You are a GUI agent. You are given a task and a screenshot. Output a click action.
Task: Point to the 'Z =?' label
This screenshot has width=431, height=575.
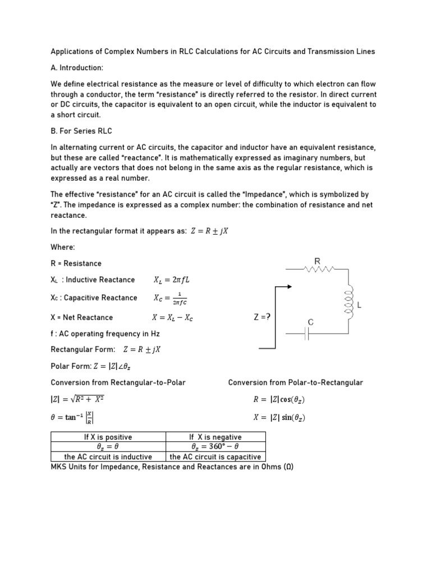point(262,317)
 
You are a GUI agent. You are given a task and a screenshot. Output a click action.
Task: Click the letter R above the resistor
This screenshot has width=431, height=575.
point(317,261)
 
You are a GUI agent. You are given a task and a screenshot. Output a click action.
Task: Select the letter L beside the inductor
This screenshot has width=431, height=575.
point(359,305)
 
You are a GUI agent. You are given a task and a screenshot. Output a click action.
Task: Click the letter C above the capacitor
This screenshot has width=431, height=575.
point(310,322)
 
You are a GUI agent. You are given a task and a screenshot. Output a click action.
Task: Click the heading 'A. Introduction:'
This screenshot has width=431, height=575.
point(77,67)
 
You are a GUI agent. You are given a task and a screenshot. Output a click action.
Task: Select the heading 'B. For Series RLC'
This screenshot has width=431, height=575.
point(81,131)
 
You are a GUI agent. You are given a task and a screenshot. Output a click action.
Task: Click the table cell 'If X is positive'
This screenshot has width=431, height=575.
point(108,437)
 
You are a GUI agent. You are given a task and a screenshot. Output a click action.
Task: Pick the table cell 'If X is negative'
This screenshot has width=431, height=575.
point(215,437)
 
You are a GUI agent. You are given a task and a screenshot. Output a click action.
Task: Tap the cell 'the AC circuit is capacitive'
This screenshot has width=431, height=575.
point(215,457)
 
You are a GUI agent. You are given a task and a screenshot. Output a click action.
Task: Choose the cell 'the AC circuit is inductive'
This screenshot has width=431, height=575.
point(108,457)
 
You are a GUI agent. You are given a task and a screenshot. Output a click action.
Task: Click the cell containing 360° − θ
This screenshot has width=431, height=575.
point(215,447)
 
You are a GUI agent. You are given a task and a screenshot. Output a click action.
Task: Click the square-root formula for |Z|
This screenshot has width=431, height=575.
point(77,400)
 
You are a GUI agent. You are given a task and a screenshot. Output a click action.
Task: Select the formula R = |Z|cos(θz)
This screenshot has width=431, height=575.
point(279,400)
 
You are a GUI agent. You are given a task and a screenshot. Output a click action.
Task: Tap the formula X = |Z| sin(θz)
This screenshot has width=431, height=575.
point(279,418)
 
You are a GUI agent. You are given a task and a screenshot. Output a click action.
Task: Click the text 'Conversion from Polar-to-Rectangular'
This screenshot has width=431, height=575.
point(295,382)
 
